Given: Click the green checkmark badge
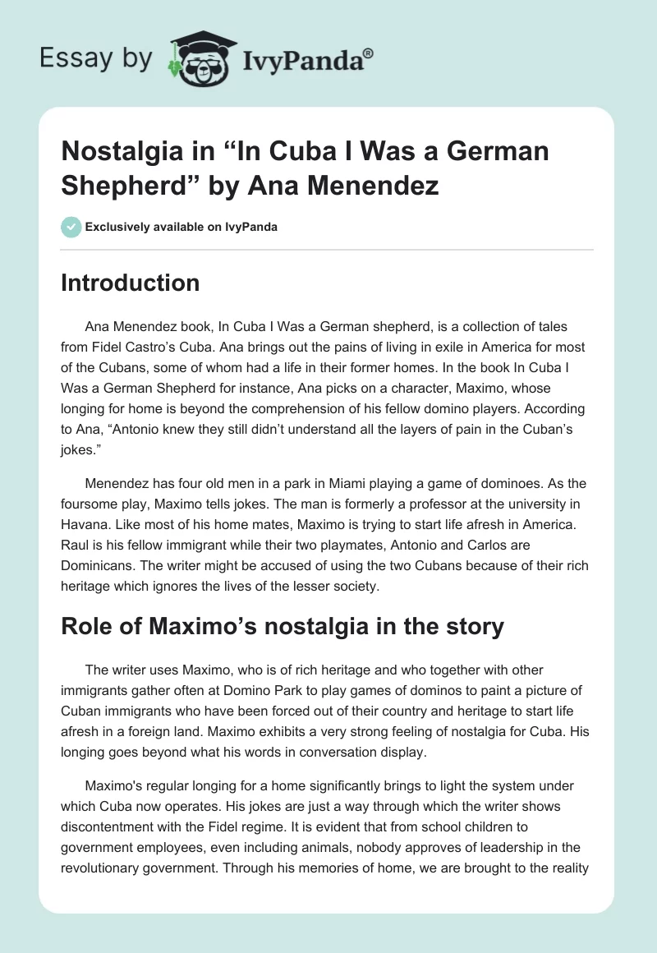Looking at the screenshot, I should (71, 227).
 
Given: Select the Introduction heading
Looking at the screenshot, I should (131, 283).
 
